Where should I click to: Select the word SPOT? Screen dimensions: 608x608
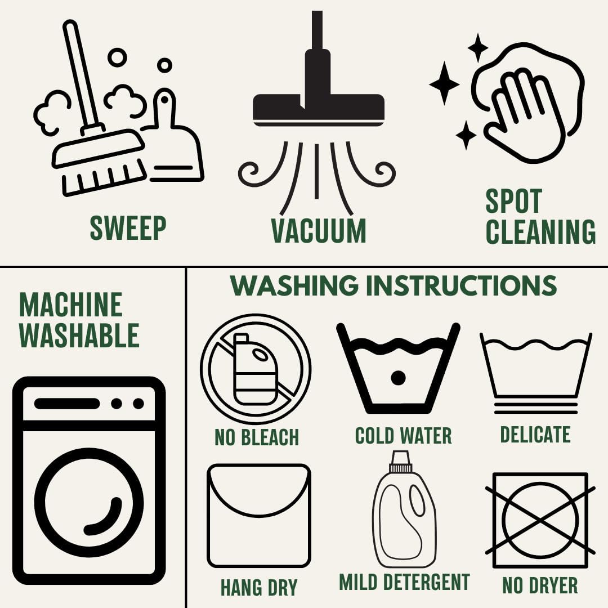pos(513,201)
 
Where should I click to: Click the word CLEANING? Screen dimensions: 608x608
pos(540,231)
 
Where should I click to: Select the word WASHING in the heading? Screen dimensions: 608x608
pos(294,285)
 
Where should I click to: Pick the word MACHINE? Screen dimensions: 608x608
pos(71,305)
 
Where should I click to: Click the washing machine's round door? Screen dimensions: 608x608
pos(89,503)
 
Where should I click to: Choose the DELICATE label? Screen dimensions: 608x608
pos(535,434)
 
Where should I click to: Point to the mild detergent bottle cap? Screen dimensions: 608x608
pos(400,462)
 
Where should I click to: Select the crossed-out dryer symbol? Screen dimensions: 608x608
pos(540,520)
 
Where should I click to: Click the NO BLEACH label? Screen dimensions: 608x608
pos(257,437)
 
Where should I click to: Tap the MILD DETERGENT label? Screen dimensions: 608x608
pos(404,582)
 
